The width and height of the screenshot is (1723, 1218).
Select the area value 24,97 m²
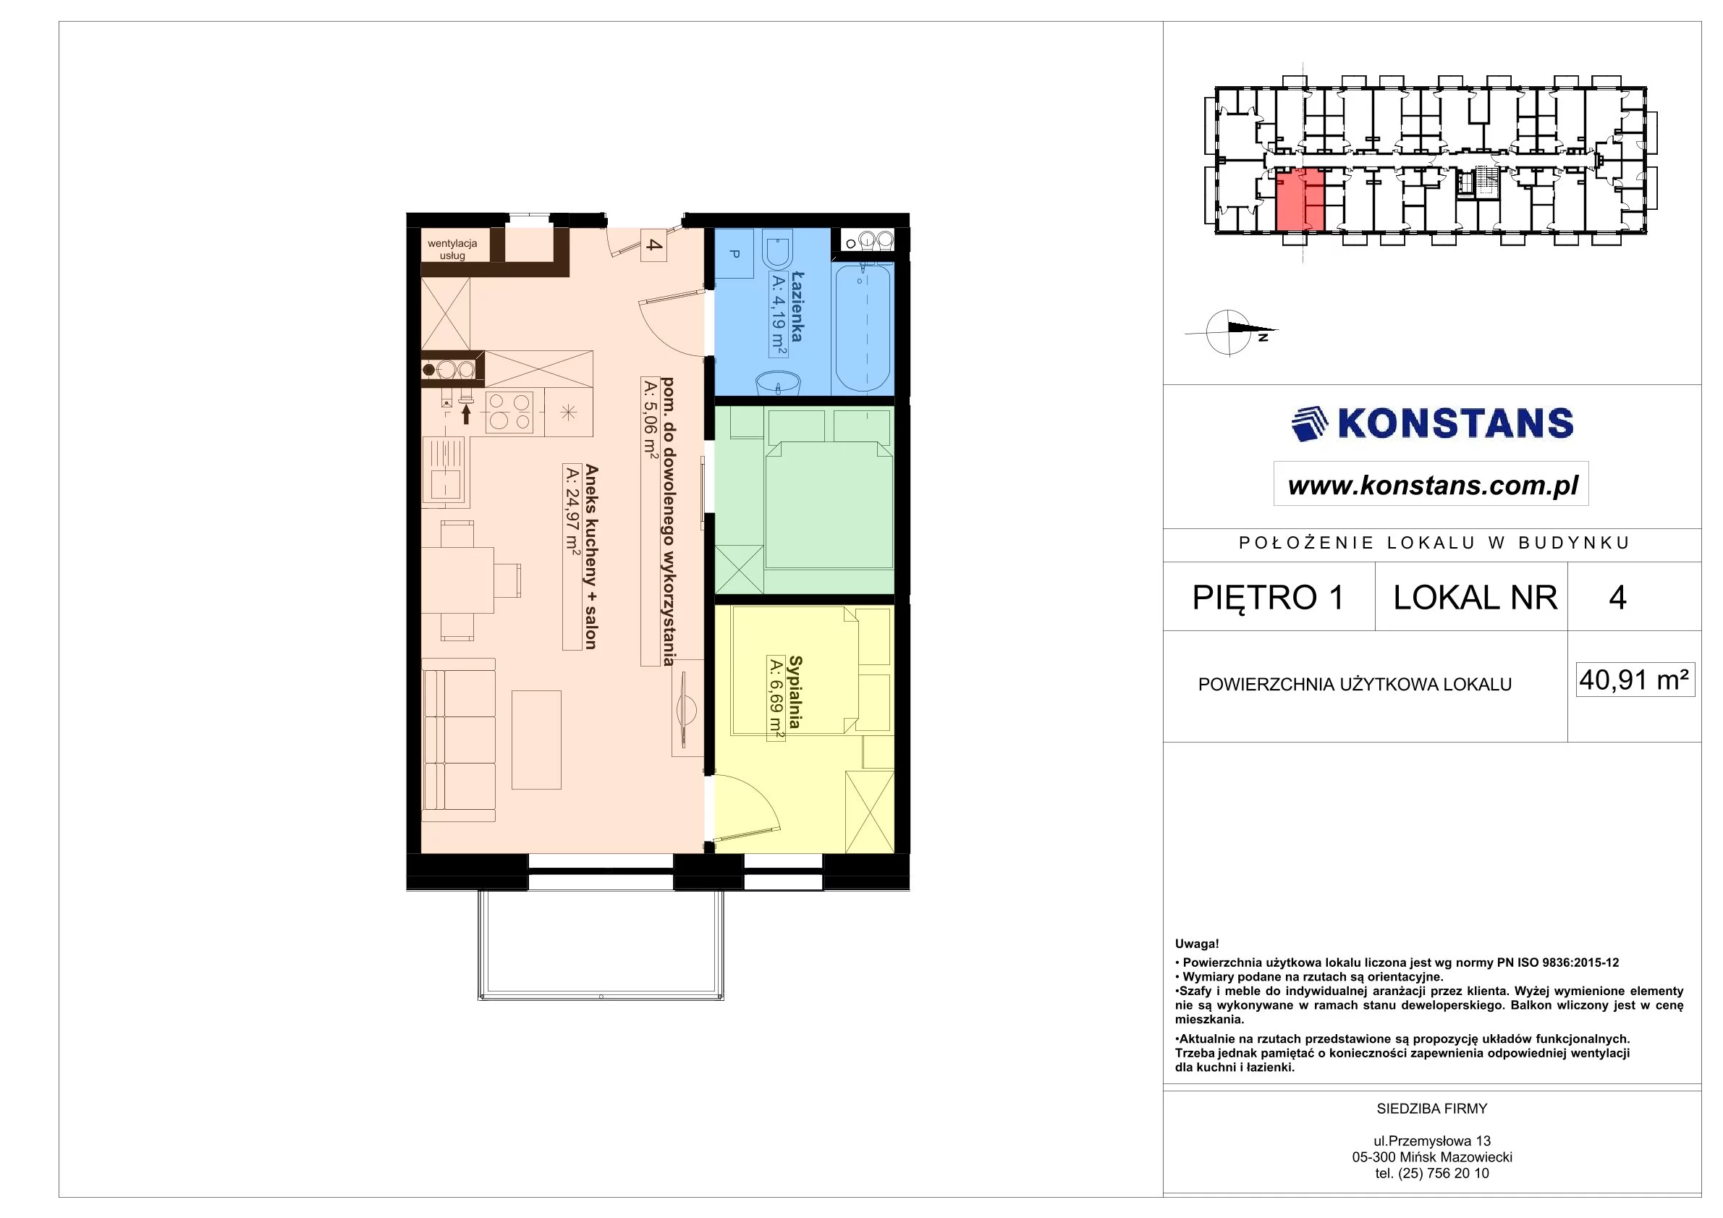[572, 520]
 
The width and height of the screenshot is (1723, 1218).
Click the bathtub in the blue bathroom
[863, 327]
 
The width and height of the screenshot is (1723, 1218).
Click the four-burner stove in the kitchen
[509, 413]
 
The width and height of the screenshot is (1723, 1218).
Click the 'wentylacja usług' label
[452, 249]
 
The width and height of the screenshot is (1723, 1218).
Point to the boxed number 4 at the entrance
[653, 245]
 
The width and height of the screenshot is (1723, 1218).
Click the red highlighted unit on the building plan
[1300, 200]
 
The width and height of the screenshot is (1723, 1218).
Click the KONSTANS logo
[1432, 423]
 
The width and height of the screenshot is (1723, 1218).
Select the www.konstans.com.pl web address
[1433, 485]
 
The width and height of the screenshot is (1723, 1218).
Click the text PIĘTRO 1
[1269, 597]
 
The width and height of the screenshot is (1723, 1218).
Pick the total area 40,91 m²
[1635, 680]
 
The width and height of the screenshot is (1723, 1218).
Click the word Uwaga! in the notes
[1197, 944]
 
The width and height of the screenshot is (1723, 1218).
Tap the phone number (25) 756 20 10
[1443, 1173]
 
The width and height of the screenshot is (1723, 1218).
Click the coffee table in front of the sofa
[536, 739]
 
